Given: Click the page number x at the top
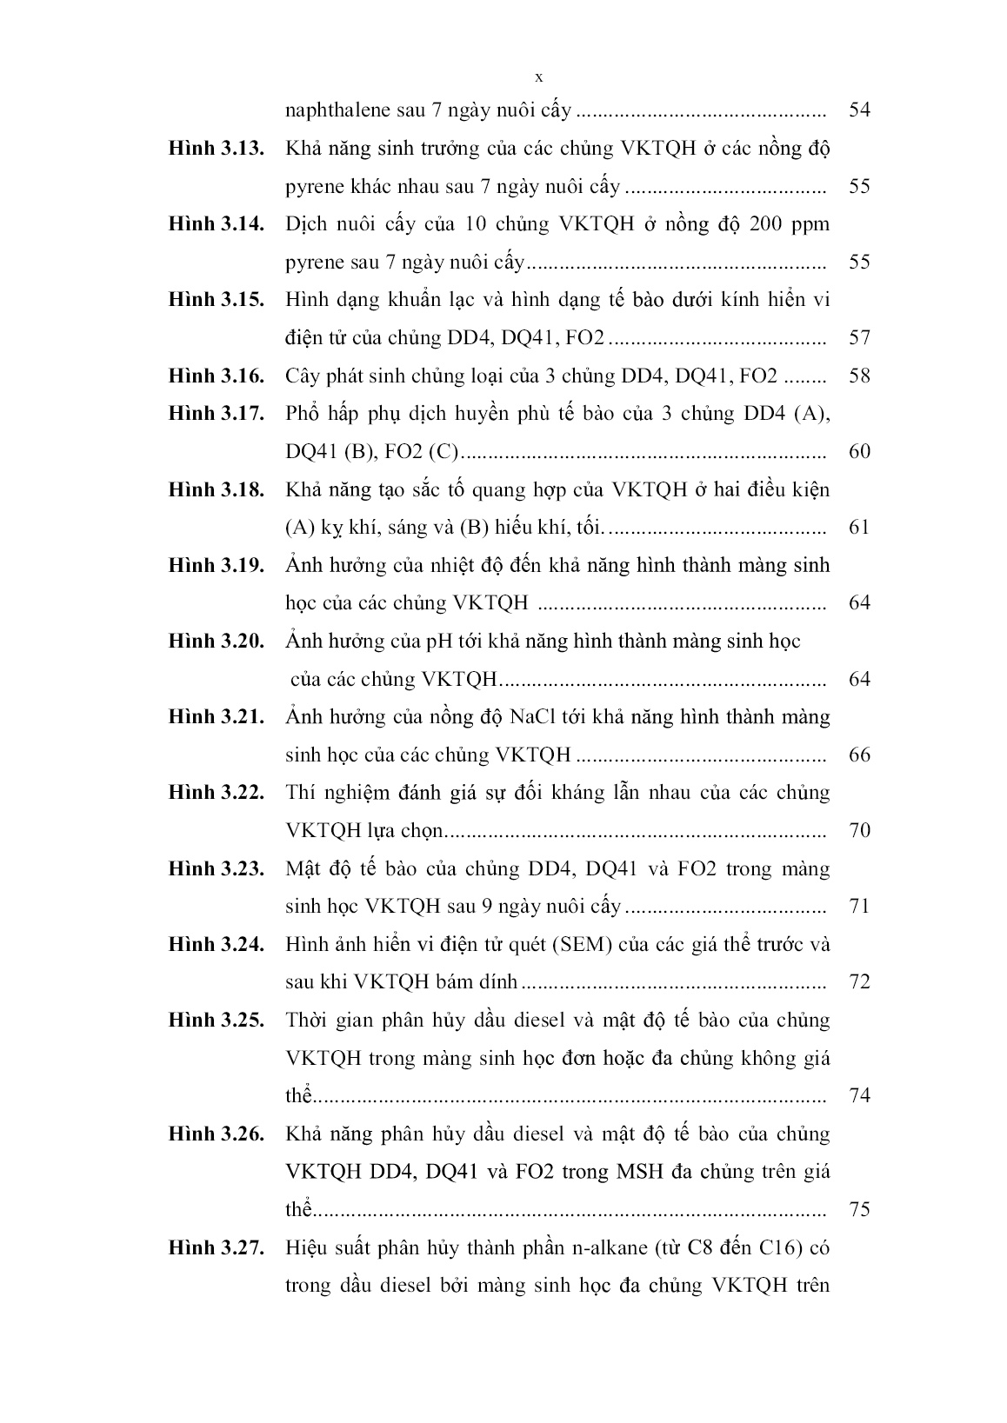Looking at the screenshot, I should pos(538,77).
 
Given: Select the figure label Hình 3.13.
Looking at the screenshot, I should pos(216,148).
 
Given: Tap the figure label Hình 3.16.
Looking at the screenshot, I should pos(216,376).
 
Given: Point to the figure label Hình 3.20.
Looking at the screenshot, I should pos(216,641).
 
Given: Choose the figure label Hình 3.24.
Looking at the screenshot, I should pos(216,944).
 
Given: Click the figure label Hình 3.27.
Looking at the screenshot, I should pos(216,1247).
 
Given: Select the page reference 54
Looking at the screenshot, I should pos(858,110).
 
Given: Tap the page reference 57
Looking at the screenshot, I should pos(858,338).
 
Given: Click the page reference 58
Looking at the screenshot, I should pos(858,376).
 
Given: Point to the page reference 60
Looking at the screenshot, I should pos(858,451).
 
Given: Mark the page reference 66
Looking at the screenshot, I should pos(858,755).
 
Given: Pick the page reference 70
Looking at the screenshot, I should pos(858,830).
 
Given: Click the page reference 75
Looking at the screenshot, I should pos(858,1209).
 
